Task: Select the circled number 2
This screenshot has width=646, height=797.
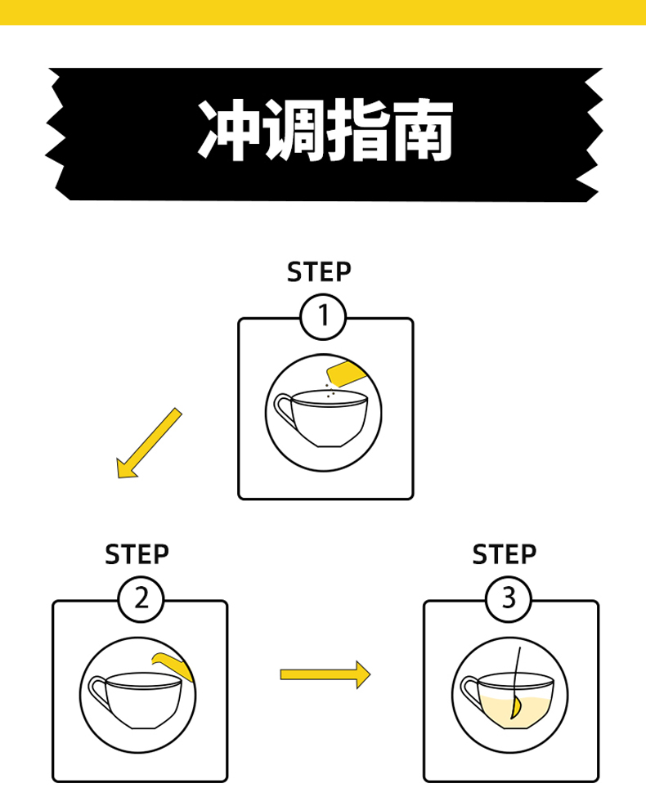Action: point(141,599)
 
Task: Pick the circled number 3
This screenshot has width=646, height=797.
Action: point(509,599)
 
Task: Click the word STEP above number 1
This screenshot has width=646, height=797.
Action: point(319,271)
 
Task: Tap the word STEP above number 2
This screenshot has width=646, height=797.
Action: point(137,554)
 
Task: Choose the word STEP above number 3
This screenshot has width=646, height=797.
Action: point(505,554)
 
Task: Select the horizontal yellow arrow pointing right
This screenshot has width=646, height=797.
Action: point(325,674)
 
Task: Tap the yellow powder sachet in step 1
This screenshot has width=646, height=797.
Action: point(346,374)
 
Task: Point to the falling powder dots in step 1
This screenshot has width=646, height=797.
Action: point(329,392)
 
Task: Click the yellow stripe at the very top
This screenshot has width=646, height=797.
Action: point(323,11)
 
